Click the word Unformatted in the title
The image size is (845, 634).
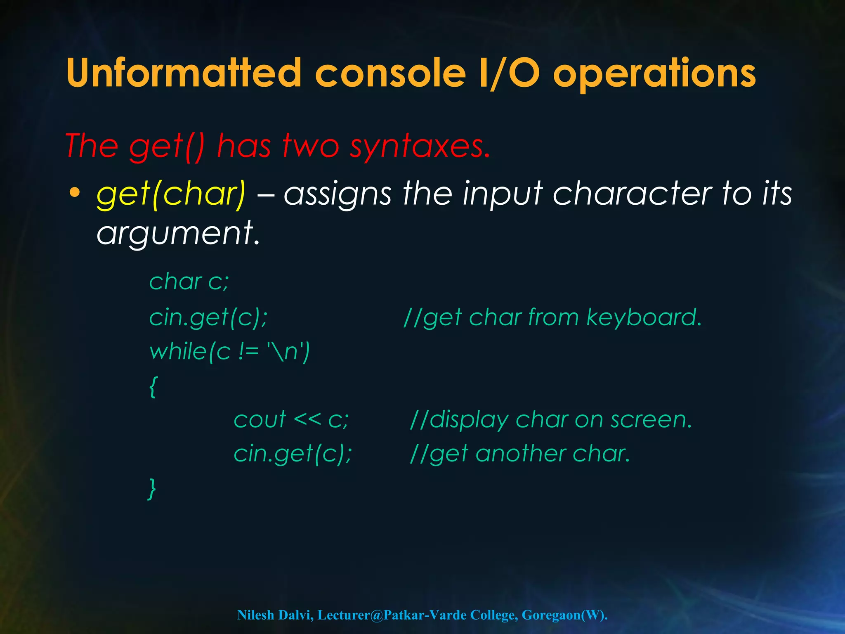(x=184, y=73)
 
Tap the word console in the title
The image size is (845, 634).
(x=390, y=73)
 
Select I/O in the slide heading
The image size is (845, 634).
(x=509, y=73)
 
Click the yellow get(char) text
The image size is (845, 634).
(x=171, y=194)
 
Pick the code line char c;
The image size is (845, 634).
(x=189, y=282)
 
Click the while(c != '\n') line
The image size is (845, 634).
(x=229, y=352)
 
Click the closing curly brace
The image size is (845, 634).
(x=152, y=489)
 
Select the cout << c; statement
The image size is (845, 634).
(x=291, y=419)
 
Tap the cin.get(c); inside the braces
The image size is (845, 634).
(x=293, y=454)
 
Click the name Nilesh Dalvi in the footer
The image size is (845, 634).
(x=275, y=615)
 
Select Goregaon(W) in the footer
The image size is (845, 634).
(x=564, y=615)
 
